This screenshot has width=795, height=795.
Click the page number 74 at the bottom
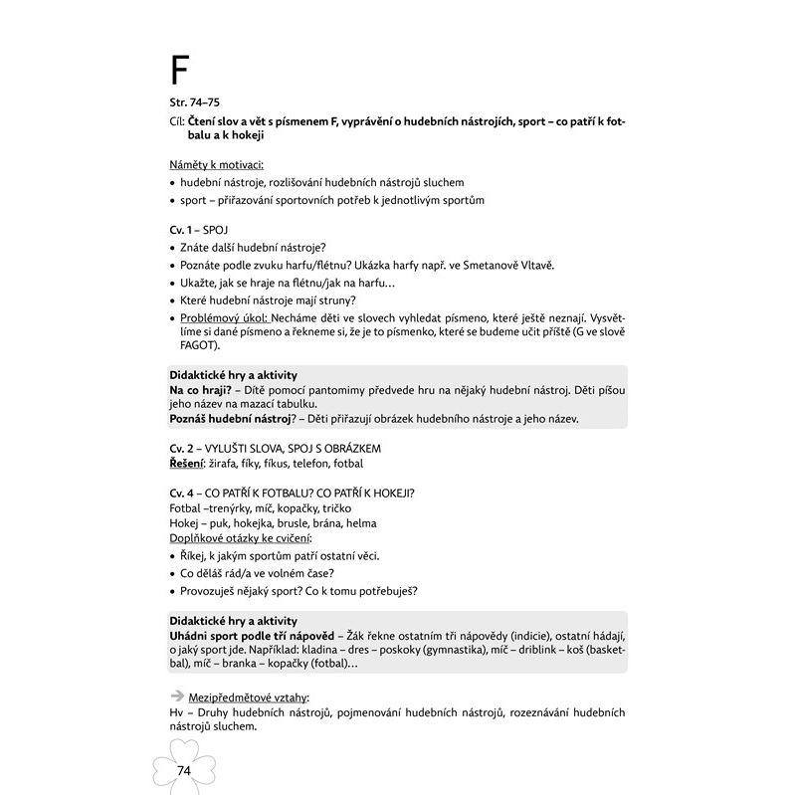[183, 771]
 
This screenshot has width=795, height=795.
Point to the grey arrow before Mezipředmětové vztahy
[177, 696]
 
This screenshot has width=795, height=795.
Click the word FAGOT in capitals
[189, 345]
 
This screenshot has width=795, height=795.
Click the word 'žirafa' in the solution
[231, 464]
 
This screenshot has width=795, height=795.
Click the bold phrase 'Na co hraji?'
[201, 390]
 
